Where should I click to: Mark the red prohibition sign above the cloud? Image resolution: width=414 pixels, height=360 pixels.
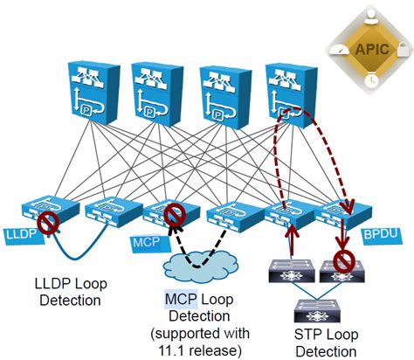[x=176, y=214]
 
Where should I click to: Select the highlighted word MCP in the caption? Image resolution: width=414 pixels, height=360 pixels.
[x=175, y=300]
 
